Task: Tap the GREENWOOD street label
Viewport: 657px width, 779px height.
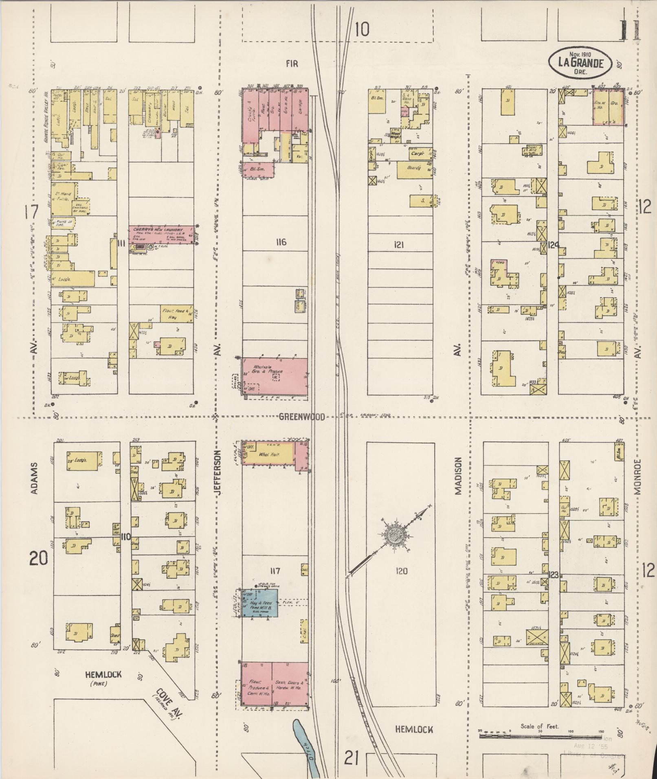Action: (x=302, y=417)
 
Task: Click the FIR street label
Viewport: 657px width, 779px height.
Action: (x=292, y=63)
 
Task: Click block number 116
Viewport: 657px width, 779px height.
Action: (x=281, y=243)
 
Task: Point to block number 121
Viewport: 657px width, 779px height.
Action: (x=399, y=245)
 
